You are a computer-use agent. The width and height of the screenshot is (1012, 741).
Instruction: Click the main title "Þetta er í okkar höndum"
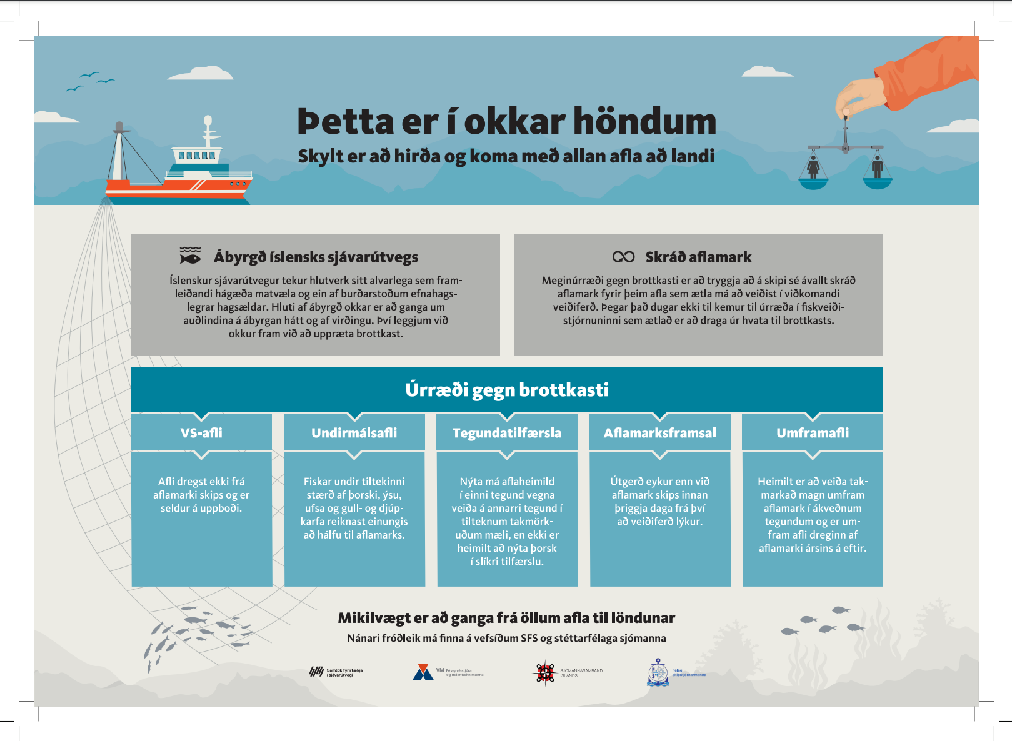pyautogui.click(x=506, y=121)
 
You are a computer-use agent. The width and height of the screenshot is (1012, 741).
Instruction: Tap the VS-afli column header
pyautogui.click(x=201, y=432)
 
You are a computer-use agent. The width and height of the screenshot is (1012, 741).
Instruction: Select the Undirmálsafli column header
pyautogui.click(x=354, y=432)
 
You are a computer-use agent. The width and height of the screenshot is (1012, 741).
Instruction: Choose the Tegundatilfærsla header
pyautogui.click(x=507, y=432)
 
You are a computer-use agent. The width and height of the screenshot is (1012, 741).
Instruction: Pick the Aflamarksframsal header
pyautogui.click(x=659, y=432)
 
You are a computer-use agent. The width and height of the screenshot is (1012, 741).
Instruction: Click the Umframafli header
pyautogui.click(x=813, y=432)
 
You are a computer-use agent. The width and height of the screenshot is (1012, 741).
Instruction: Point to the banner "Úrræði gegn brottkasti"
pyautogui.click(x=507, y=390)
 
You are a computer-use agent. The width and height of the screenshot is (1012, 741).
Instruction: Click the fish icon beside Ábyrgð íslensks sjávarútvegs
pyautogui.click(x=190, y=256)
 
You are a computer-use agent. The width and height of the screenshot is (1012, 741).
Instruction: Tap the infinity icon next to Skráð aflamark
pyautogui.click(x=623, y=257)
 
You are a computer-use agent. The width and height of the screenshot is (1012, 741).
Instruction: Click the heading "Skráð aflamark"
pyautogui.click(x=698, y=257)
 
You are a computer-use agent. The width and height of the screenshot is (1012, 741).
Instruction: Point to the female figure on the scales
pyautogui.click(x=813, y=167)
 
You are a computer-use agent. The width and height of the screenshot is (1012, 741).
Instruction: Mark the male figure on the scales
pyautogui.click(x=878, y=167)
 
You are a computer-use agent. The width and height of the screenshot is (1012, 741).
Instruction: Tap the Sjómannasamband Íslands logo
pyautogui.click(x=545, y=673)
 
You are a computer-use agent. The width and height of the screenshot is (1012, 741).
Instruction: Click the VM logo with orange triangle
pyautogui.click(x=423, y=672)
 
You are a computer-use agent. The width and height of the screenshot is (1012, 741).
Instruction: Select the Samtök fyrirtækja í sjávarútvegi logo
pyautogui.click(x=317, y=672)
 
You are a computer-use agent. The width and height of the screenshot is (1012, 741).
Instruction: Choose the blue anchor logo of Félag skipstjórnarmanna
pyautogui.click(x=658, y=672)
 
